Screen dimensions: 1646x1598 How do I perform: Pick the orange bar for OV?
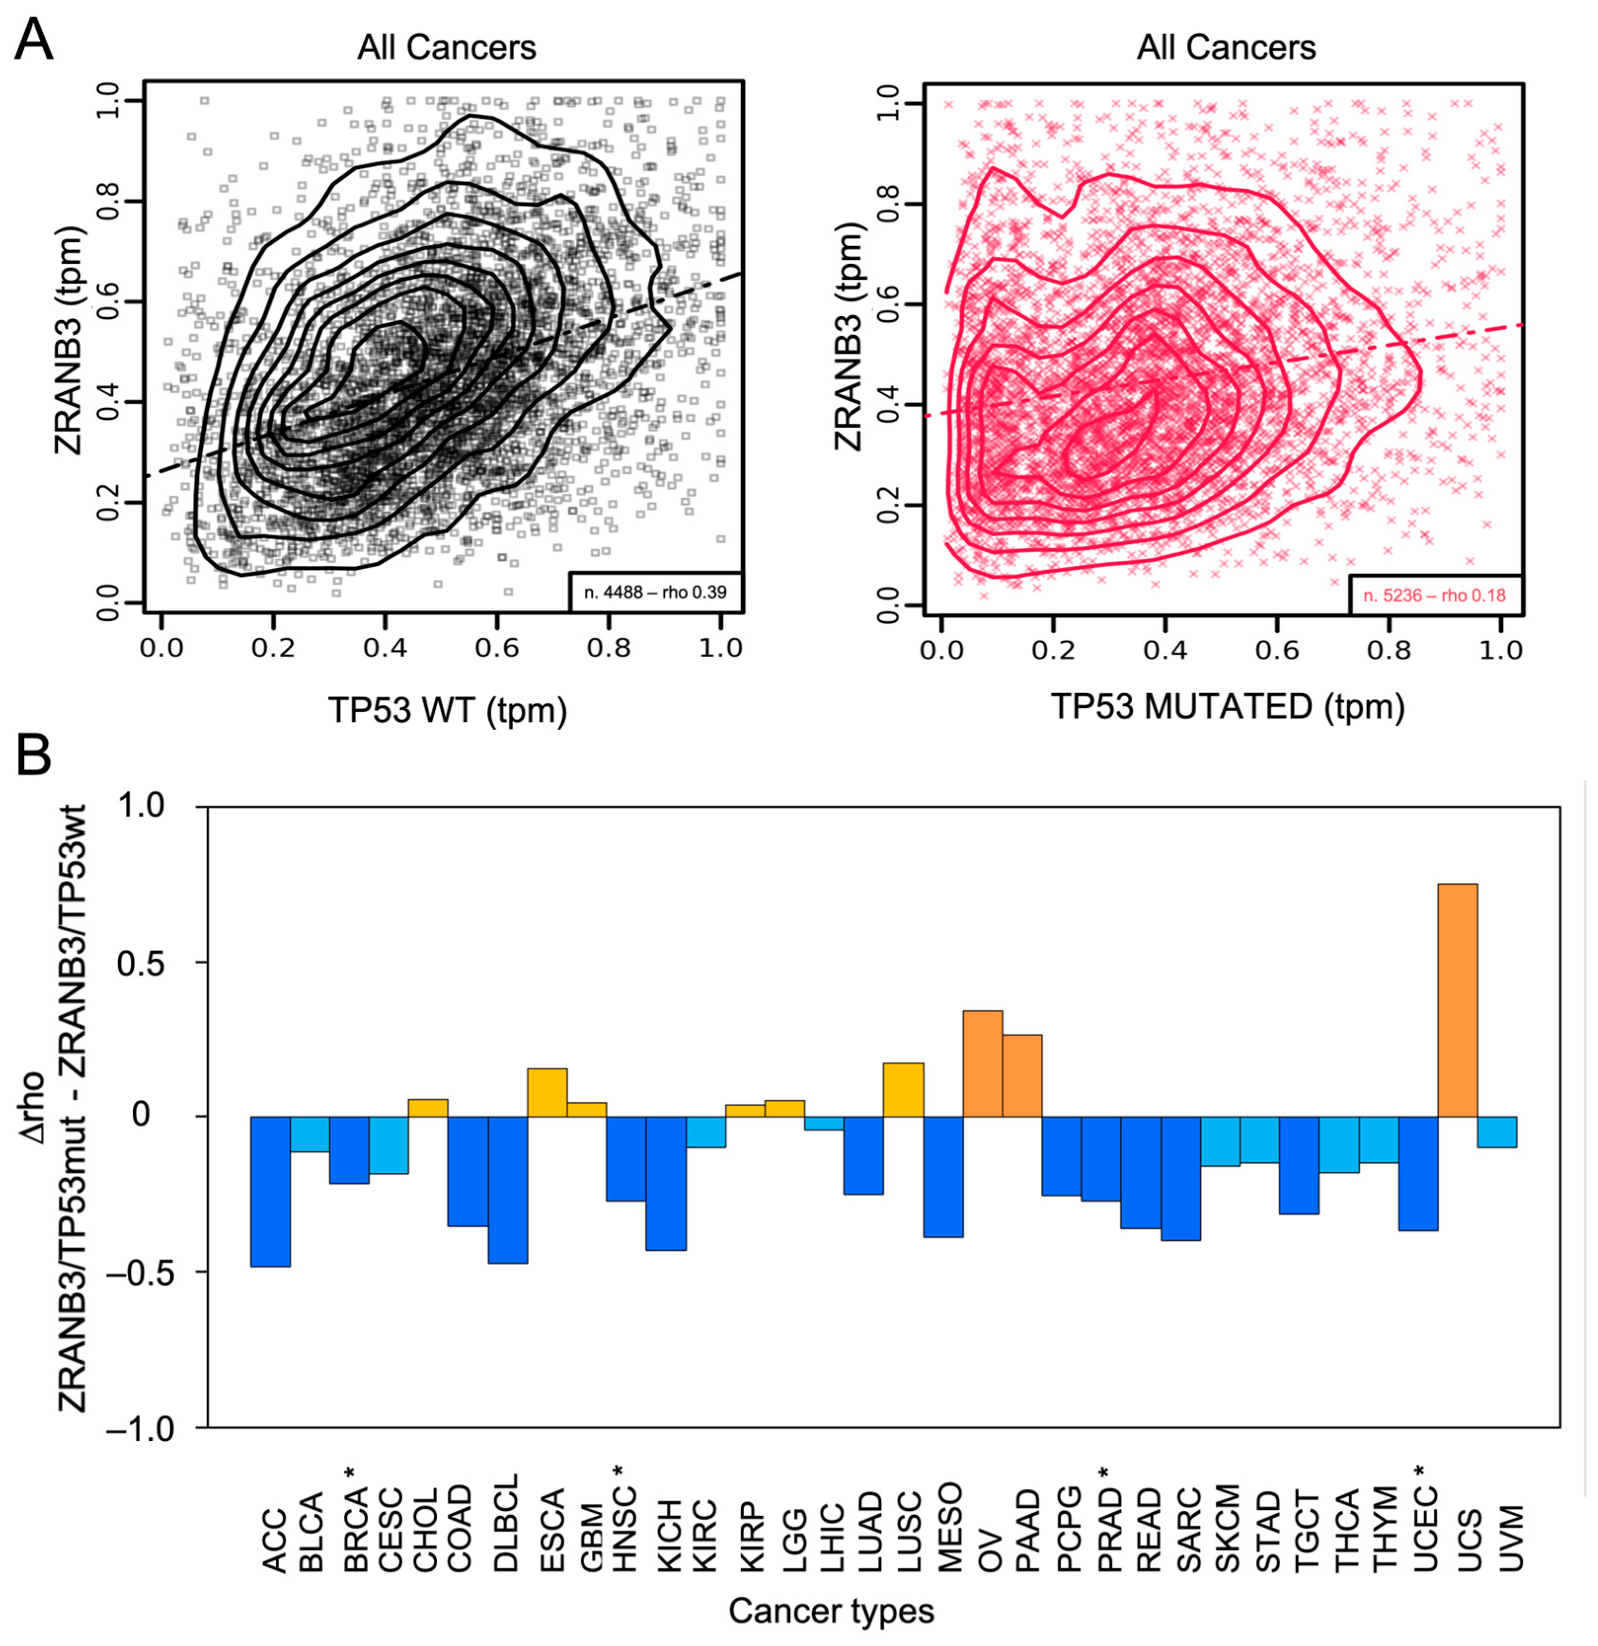click(x=982, y=1063)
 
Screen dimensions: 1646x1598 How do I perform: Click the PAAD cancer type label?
click(x=1027, y=1530)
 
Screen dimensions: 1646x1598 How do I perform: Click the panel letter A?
click(x=34, y=40)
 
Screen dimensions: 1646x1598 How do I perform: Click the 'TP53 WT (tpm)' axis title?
click(x=447, y=710)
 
